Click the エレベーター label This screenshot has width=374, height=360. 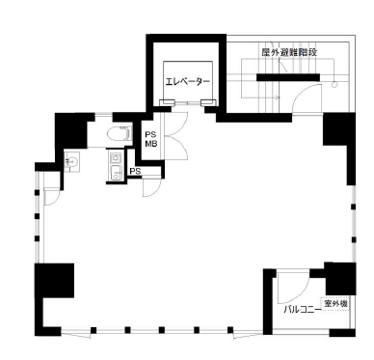pyautogui.click(x=188, y=81)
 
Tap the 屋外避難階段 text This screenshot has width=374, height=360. pyautogui.click(x=289, y=52)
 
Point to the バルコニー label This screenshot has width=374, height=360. pyautogui.click(x=302, y=310)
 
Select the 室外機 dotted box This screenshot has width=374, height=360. pyautogui.click(x=334, y=303)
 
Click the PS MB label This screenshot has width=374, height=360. pyautogui.click(x=151, y=139)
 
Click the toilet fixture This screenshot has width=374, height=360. pyautogui.click(x=120, y=134)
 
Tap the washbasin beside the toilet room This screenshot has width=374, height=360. pyautogui.click(x=71, y=160)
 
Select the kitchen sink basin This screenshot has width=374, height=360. pyautogui.click(x=116, y=173)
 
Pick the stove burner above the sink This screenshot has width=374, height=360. pyautogui.click(x=115, y=158)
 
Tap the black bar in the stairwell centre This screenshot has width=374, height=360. pyautogui.click(x=288, y=77)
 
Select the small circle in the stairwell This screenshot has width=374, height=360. pyautogui.click(x=334, y=85)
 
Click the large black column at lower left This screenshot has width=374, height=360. pyautogui.click(x=54, y=281)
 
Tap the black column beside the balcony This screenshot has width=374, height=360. pyautogui.click(x=340, y=279)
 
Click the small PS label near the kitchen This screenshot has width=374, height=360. pyautogui.click(x=135, y=172)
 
